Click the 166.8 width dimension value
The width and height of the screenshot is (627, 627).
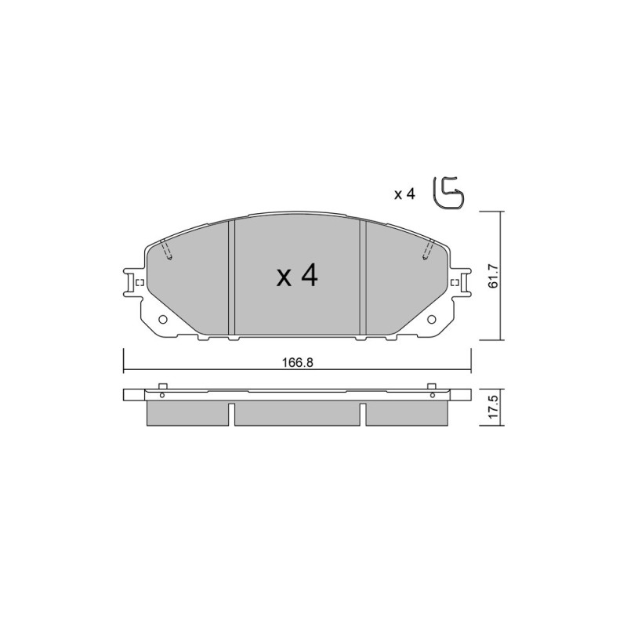click(x=298, y=363)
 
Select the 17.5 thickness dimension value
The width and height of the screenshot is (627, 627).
click(x=493, y=407)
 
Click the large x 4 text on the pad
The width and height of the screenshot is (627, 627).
click(x=297, y=276)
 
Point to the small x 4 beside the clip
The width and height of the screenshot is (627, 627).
click(x=404, y=194)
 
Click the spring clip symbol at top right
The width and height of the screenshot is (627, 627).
click(x=448, y=193)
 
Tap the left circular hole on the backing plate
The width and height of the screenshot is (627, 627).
click(x=163, y=320)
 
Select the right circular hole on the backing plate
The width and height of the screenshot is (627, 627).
click(x=432, y=320)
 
